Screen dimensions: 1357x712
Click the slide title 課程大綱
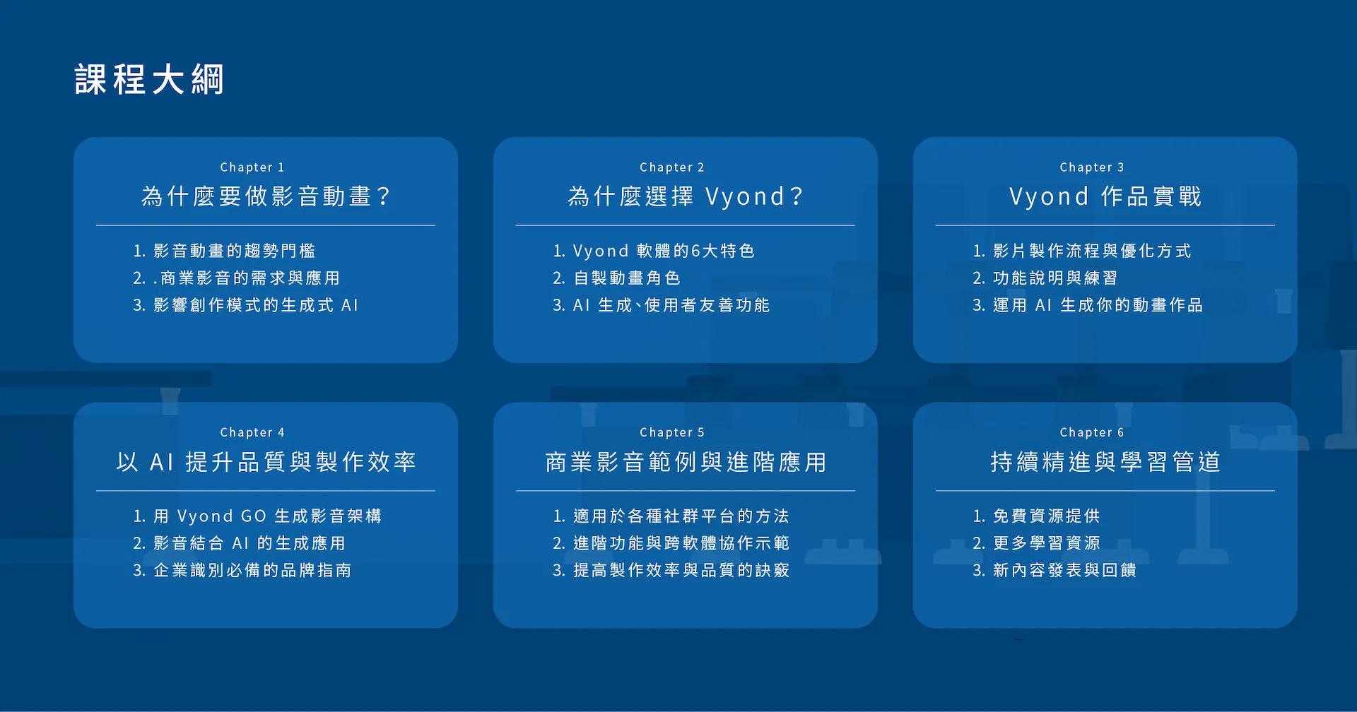coord(149,79)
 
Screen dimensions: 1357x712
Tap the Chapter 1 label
coord(252,167)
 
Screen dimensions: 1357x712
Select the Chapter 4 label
coord(252,432)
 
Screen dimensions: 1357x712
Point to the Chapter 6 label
coord(1092,432)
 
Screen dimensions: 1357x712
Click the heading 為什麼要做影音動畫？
coord(266,196)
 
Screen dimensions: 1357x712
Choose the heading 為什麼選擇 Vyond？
coord(686,196)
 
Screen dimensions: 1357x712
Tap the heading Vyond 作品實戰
coord(1105,196)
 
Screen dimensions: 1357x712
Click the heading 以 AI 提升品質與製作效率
coord(266,461)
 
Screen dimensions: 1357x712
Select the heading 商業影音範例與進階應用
coord(686,461)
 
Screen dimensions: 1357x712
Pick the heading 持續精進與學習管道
coord(1105,461)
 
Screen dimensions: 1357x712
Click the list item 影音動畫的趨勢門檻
coord(234,251)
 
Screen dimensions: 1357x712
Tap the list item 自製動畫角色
coord(626,278)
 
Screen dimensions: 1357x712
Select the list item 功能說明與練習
coord(1055,278)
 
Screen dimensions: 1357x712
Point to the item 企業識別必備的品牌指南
coord(252,570)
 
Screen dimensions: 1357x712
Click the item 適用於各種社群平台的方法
coord(681,516)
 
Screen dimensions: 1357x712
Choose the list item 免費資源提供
coord(1046,516)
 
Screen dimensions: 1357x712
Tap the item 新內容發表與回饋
coord(1064,570)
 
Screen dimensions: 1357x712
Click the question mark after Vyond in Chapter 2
coord(797,196)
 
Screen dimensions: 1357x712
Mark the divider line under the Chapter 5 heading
coord(686,491)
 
